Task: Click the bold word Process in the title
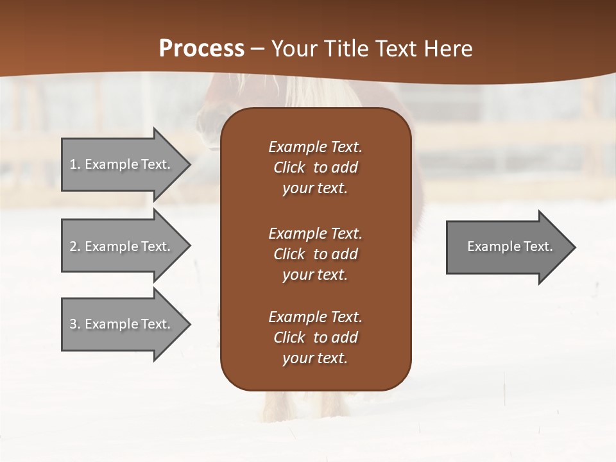tap(201, 49)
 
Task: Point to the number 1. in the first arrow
tap(75, 164)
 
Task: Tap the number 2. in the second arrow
tap(75, 246)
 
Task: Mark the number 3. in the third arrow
tap(75, 324)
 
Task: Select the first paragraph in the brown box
tap(315, 167)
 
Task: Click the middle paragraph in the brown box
tap(315, 254)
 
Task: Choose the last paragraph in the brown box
tap(315, 338)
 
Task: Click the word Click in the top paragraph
tap(289, 167)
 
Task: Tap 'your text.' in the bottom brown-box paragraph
tap(315, 358)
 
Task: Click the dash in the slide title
tap(257, 49)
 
